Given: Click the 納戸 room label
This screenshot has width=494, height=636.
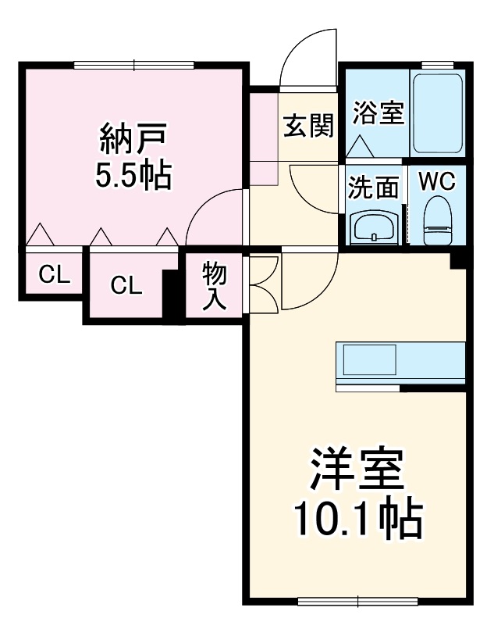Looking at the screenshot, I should click(x=133, y=138).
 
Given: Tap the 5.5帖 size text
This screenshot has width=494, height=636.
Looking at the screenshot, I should click(x=133, y=176).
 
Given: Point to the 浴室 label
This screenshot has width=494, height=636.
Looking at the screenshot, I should click(x=378, y=113).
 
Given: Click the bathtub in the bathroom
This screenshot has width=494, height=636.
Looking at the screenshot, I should click(x=438, y=113).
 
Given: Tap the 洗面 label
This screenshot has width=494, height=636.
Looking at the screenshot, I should click(x=373, y=188).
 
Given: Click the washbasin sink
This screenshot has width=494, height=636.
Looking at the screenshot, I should click(x=374, y=227).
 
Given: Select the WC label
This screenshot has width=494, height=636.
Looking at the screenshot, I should click(x=437, y=180).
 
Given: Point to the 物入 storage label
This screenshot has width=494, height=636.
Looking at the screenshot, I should click(x=214, y=285).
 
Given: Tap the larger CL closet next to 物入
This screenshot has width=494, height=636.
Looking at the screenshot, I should click(x=126, y=285).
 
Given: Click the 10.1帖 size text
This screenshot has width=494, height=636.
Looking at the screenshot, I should click(x=357, y=516).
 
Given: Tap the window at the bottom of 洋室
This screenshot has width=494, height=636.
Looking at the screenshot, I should click(x=358, y=601).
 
